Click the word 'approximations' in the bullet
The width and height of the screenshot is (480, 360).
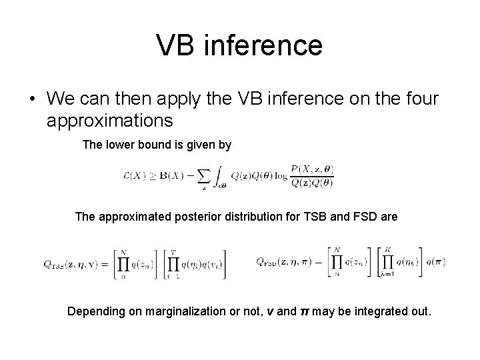[110, 121]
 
